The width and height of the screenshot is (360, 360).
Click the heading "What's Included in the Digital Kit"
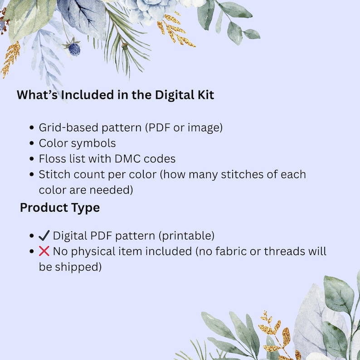click(115, 95)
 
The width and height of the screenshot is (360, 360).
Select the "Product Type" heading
click(60, 208)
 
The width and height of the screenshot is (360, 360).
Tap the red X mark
click(44, 251)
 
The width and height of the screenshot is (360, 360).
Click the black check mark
click(44, 236)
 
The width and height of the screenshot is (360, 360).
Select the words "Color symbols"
click(77, 143)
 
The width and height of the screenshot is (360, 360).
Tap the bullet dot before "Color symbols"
click(32, 144)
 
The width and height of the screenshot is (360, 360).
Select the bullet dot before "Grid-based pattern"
click(32, 128)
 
